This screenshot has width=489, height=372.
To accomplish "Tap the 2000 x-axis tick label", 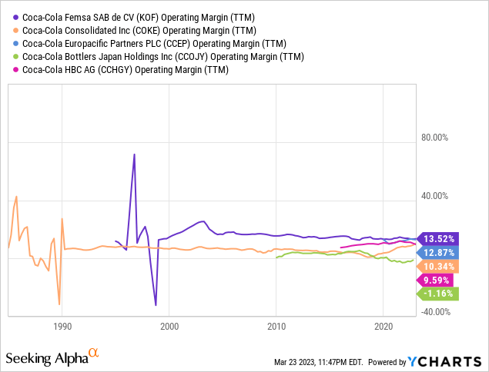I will tap(169, 326).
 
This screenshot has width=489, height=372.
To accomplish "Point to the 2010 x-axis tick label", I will tap(276, 326).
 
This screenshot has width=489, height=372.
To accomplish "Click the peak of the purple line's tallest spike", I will tap(135, 154).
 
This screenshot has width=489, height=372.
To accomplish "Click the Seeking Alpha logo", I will tap(52, 357).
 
